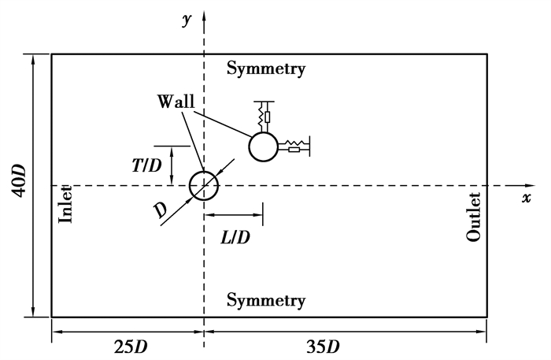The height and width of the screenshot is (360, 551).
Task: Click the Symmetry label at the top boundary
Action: point(266,69)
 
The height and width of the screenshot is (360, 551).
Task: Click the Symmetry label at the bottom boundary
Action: point(266,300)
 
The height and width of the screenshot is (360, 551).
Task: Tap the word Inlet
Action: point(66,204)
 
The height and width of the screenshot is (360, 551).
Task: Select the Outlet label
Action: point(473,217)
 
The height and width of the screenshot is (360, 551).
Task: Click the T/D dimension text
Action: point(147,166)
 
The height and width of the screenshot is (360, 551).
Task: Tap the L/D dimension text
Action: point(234,236)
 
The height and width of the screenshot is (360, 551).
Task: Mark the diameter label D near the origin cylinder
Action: point(161,209)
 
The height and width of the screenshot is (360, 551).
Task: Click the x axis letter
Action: point(526,198)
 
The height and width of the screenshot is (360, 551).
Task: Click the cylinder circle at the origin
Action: point(204,185)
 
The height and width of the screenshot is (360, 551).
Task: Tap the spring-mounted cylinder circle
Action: point(263,146)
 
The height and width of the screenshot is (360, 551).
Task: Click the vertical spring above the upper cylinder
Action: point(263,117)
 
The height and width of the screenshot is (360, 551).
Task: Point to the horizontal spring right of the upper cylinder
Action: point(292,146)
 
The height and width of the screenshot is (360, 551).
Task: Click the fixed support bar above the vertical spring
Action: point(263,102)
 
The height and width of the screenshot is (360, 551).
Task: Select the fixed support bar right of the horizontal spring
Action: point(309,145)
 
